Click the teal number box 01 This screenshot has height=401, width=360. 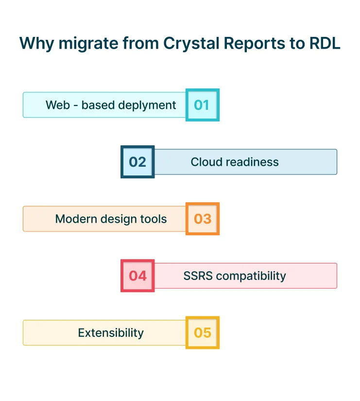[202, 105]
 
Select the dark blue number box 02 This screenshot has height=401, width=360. [137, 162]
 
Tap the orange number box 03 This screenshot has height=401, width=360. [202, 219]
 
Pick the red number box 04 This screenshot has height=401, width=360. [137, 276]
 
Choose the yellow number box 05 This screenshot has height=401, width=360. [202, 332]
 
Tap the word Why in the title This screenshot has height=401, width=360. [37, 43]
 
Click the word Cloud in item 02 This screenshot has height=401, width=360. [206, 162]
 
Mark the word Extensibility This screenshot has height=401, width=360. [111, 332]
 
